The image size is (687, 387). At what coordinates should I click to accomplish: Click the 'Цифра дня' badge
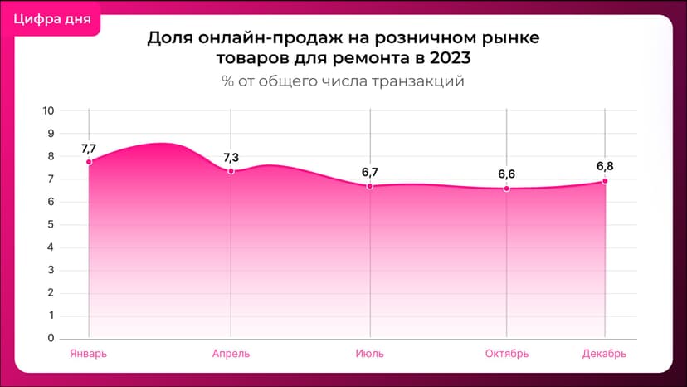point(51,17)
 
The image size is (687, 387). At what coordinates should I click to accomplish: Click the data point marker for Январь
point(89,161)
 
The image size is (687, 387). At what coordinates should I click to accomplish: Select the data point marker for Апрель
point(231,171)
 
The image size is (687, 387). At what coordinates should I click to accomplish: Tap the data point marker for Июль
point(369,186)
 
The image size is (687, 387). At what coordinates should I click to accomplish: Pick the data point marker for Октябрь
point(506,189)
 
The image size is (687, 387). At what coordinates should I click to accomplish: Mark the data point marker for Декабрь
point(605,181)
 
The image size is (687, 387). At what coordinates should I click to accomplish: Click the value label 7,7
point(89,148)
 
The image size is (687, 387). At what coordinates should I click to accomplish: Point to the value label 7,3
point(231,158)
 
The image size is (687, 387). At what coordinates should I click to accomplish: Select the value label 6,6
point(506,174)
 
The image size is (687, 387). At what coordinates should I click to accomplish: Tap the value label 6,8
point(605,166)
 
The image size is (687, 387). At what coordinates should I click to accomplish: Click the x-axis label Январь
point(88,354)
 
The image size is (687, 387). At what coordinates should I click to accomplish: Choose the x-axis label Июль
point(369,354)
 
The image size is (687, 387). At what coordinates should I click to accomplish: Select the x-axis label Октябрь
point(506,354)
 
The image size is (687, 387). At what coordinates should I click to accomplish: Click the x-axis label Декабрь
point(604,354)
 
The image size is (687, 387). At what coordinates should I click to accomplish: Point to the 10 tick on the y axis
point(48,110)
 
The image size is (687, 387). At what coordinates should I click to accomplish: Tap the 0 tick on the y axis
point(51,338)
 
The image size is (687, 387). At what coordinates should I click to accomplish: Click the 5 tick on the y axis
point(51,224)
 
